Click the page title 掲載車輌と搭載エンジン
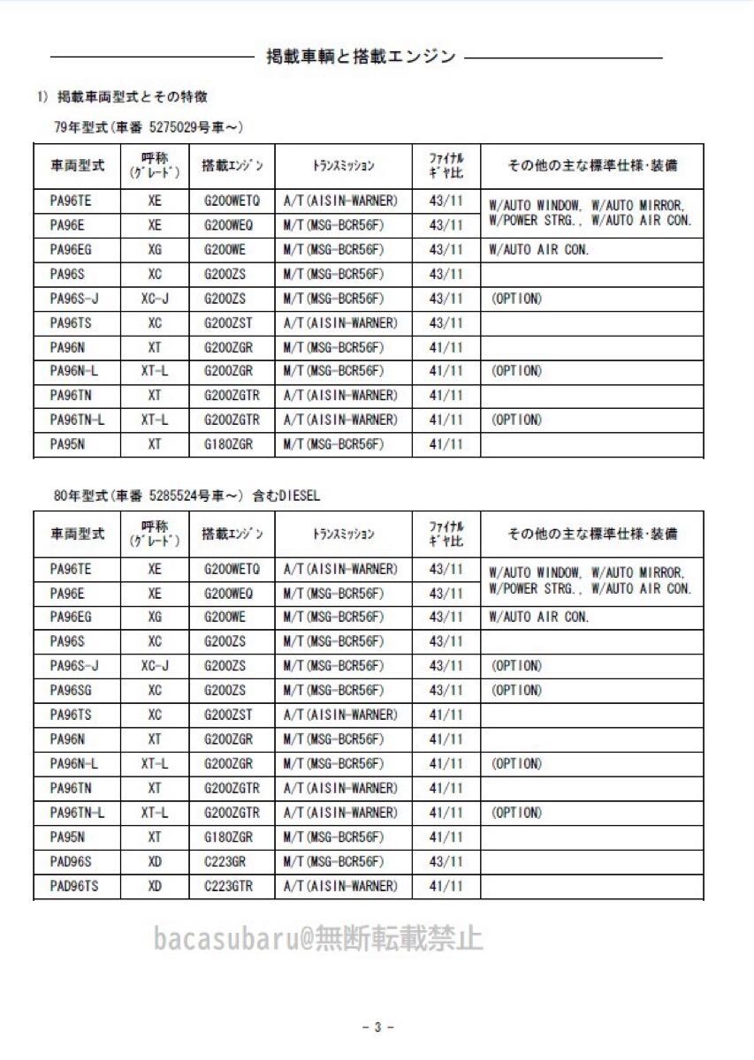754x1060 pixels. pyautogui.click(x=361, y=57)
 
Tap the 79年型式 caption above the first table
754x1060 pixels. pyautogui.click(x=149, y=127)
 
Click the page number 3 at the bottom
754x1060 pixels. pyautogui.click(x=377, y=1026)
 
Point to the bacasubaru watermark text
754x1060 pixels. pyautogui.click(x=318, y=938)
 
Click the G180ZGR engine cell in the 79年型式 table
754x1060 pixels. pyautogui.click(x=229, y=444)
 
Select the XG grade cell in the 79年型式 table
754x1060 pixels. pyautogui.click(x=156, y=250)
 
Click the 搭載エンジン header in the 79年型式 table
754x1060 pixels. pyautogui.click(x=231, y=165)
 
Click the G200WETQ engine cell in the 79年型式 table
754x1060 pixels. pyautogui.click(x=232, y=201)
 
